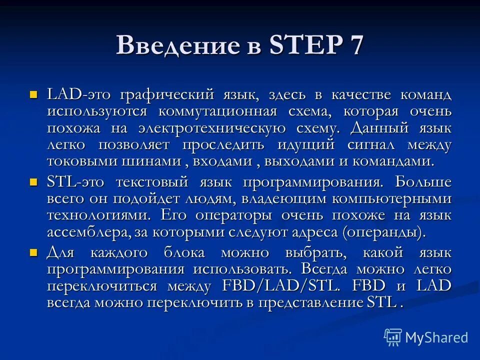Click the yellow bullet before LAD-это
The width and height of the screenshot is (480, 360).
click(x=34, y=93)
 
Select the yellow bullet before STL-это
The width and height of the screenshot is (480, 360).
click(x=34, y=181)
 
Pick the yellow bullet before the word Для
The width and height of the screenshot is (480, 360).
click(x=34, y=252)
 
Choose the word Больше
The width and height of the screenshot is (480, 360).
click(x=423, y=181)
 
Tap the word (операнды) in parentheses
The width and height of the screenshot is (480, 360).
click(x=383, y=232)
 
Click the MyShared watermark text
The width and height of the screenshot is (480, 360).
click(x=436, y=337)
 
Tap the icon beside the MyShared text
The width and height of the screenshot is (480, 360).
click(x=393, y=337)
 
